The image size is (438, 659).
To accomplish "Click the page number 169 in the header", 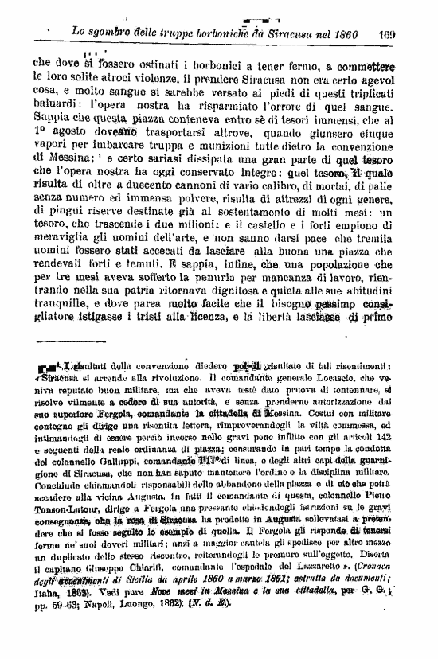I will tap(388, 35).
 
